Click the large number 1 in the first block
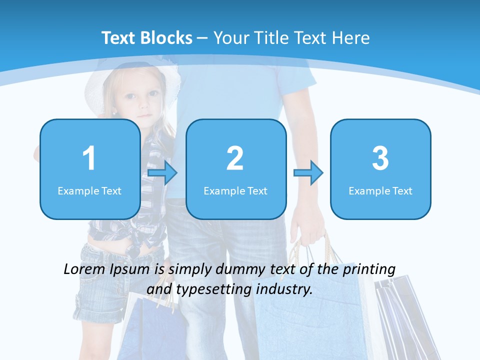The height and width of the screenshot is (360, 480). [x=89, y=158]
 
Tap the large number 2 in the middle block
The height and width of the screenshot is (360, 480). [x=235, y=158]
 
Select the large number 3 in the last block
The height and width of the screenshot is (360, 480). [x=380, y=158]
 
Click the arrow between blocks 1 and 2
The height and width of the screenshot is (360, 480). [x=162, y=173]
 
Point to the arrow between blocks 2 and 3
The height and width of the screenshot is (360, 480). [x=308, y=173]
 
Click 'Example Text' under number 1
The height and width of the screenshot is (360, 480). [x=89, y=190]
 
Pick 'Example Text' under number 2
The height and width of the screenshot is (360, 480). [x=235, y=190]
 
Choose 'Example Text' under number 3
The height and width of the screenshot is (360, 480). [x=380, y=190]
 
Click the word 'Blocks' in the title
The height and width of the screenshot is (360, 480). [x=166, y=38]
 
